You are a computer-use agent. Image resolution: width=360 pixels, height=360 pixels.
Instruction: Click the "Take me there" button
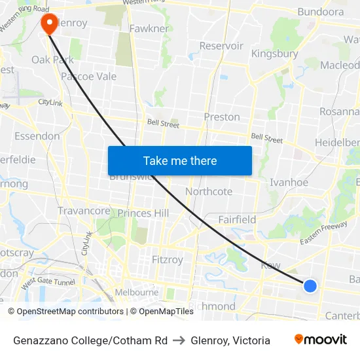[x=180, y=160]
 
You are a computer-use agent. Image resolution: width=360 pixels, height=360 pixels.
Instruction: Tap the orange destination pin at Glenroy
[x=49, y=24]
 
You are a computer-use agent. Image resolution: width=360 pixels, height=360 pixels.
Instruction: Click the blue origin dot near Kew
[x=310, y=286]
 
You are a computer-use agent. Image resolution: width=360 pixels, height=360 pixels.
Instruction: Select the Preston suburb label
[x=222, y=117]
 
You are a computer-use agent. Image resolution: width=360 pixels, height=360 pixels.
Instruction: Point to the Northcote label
[x=209, y=192]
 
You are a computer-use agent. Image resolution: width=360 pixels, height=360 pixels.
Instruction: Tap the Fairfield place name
[x=237, y=220]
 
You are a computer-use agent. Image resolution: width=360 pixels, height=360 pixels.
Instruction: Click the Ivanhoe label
[x=289, y=183]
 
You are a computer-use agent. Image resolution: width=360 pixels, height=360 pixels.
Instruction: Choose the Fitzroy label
[x=168, y=260]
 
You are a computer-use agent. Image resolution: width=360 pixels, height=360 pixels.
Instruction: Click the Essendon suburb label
[x=37, y=136]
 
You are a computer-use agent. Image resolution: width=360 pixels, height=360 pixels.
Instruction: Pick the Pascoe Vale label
[x=88, y=77]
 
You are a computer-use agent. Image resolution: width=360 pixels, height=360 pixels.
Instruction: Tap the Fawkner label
[x=149, y=29]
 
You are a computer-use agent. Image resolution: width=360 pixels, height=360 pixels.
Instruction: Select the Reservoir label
[x=221, y=46]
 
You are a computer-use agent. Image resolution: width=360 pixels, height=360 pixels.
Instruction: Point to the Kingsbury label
[x=274, y=54]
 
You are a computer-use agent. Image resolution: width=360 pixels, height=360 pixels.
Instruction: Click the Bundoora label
[x=320, y=12]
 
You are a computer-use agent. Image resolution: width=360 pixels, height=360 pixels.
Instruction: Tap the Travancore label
[x=84, y=211]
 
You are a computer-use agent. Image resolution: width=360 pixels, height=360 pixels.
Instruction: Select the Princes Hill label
[x=143, y=213]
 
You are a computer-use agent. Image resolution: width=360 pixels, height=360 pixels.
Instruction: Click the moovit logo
[x=320, y=340]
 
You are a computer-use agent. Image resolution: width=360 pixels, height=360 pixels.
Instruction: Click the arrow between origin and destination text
[x=179, y=340]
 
